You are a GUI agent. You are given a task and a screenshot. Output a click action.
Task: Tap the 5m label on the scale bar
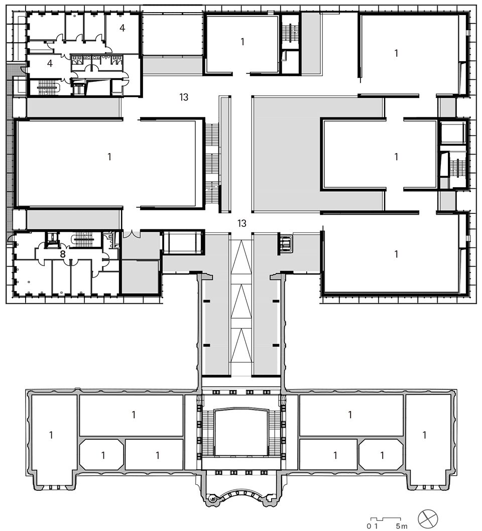[401, 526]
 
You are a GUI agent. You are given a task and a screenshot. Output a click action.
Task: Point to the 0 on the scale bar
[369, 526]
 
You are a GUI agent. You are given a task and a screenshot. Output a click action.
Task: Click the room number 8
[63, 254]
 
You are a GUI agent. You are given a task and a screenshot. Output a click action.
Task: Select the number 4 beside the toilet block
[50, 63]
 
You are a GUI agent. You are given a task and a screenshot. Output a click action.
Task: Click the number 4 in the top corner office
[123, 28]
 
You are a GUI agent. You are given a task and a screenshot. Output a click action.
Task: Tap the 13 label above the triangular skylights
[242, 223]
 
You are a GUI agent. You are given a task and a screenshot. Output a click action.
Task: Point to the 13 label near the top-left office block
[184, 97]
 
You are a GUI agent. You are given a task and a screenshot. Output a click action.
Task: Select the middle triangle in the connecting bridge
[241, 301]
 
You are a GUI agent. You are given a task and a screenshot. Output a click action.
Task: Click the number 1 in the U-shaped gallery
[396, 157]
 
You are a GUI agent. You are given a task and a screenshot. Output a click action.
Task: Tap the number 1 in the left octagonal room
[103, 456]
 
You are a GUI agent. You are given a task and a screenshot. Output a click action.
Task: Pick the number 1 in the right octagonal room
[382, 456]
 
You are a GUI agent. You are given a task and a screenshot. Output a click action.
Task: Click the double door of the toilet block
[90, 68]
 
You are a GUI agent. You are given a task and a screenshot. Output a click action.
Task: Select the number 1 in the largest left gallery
[109, 157]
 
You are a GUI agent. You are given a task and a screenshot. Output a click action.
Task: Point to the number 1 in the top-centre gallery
[242, 42]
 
